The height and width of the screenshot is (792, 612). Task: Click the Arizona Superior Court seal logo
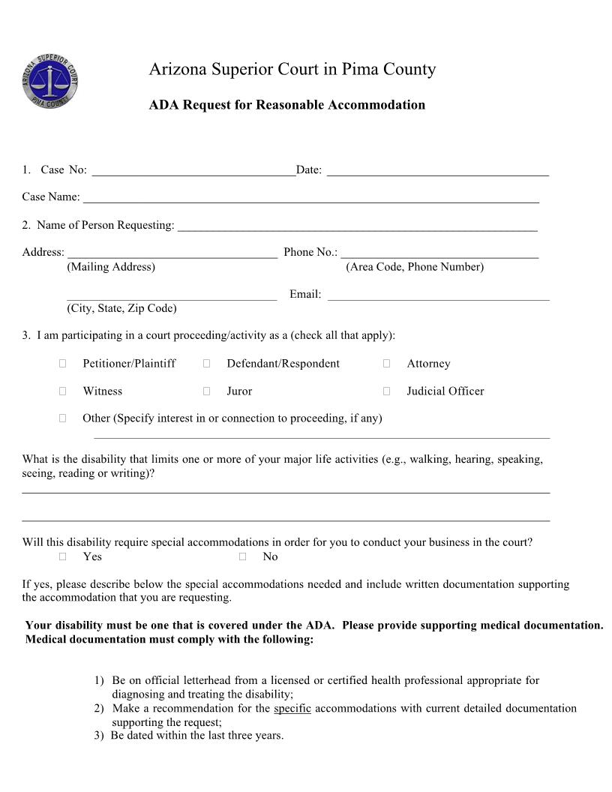point(50,81)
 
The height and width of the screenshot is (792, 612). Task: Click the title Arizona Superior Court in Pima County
point(292,70)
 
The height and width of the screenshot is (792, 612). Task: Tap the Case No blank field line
point(193,171)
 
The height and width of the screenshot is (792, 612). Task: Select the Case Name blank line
point(310,198)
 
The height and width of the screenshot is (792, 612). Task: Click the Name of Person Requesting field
point(357,226)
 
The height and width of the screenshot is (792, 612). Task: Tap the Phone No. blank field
point(439,253)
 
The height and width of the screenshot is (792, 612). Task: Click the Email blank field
point(438,295)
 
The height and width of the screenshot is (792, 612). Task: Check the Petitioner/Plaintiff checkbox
point(63,364)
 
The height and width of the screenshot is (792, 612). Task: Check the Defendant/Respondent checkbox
point(206,364)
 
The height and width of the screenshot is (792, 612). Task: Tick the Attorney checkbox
point(386,364)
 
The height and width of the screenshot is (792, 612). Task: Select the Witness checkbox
point(63,391)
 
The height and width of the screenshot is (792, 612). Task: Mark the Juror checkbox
point(206,391)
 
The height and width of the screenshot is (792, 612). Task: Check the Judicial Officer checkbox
point(386,391)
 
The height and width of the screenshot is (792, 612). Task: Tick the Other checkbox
point(63,418)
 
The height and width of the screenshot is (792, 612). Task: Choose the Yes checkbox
point(63,556)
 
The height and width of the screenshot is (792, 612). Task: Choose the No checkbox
point(243,556)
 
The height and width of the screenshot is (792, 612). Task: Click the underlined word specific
point(292,709)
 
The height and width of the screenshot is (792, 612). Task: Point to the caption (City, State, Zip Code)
point(121,308)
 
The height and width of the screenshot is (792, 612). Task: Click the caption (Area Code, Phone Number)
point(414,267)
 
